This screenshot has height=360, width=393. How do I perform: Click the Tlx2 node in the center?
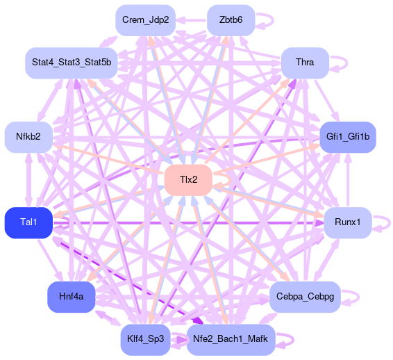pos(188,180)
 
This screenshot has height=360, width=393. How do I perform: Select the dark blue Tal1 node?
pos(28,222)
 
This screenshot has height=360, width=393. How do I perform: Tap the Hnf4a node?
pos(72,297)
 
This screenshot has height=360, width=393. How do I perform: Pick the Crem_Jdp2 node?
pos(145,20)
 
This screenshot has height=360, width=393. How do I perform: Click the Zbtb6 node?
pos(231,20)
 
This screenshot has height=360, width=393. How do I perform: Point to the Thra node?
pos(305,63)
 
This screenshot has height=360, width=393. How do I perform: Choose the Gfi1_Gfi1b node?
pos(348,137)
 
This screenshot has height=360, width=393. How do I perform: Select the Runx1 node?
pos(348,222)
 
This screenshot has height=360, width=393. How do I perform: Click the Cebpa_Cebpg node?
pos(305,297)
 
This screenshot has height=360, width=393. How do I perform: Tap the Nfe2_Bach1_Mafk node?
pos(231,339)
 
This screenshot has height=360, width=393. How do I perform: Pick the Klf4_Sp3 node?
pos(145,339)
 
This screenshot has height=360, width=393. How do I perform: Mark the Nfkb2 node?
pos(28,137)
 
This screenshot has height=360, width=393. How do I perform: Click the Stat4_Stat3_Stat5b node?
pos(72,63)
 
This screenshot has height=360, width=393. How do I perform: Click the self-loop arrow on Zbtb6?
pos(273,20)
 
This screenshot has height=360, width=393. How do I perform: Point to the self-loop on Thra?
pos(347,63)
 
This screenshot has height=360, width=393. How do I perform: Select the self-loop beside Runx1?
pos(390,223)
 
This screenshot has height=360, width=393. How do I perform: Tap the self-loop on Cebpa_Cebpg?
pos(358,297)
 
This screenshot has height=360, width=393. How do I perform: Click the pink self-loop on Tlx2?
pos(230,180)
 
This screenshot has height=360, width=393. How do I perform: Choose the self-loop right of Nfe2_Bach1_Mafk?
pos(293,340)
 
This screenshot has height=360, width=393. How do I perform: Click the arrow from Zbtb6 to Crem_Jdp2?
pos(191,20)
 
